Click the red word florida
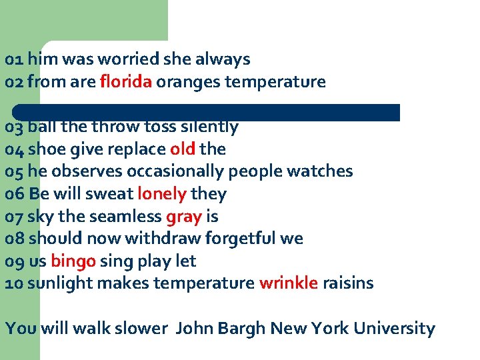(x=126, y=82)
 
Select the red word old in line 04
(x=182, y=149)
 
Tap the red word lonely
(x=161, y=194)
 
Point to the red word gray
(x=183, y=217)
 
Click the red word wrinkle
(x=288, y=283)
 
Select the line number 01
(x=13, y=59)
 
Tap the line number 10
(x=13, y=283)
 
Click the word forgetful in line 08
(x=235, y=238)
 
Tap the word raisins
(x=347, y=283)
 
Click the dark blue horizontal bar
(x=207, y=112)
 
